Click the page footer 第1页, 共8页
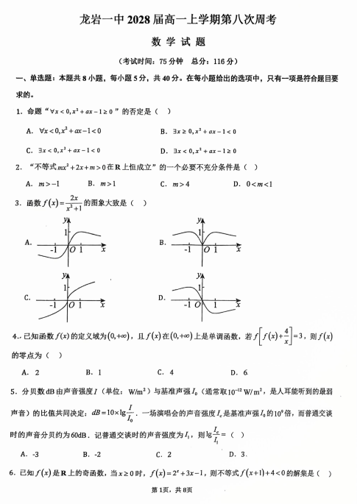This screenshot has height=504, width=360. tap(180, 490)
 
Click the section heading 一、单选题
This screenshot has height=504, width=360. tap(32, 78)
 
